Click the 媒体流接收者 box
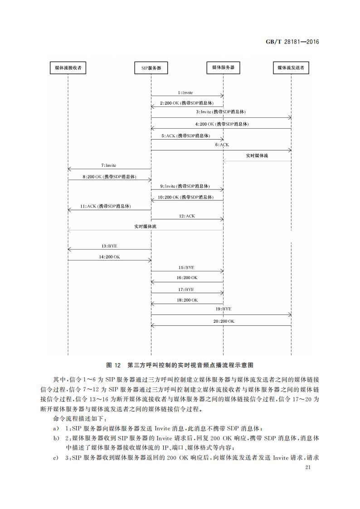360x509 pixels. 68,68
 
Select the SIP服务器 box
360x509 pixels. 151,68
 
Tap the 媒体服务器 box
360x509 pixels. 223,68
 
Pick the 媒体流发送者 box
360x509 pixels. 291,68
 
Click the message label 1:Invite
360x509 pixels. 185,92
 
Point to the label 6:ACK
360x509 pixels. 222,145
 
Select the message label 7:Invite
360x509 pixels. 108,165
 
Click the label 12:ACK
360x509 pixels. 187,216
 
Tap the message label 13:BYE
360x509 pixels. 109,246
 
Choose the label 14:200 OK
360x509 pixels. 109,257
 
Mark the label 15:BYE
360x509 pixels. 186,267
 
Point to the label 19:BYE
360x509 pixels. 224,309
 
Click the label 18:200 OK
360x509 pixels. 187,300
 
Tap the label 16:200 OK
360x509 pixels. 187,277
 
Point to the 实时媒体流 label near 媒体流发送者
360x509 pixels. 257,155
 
